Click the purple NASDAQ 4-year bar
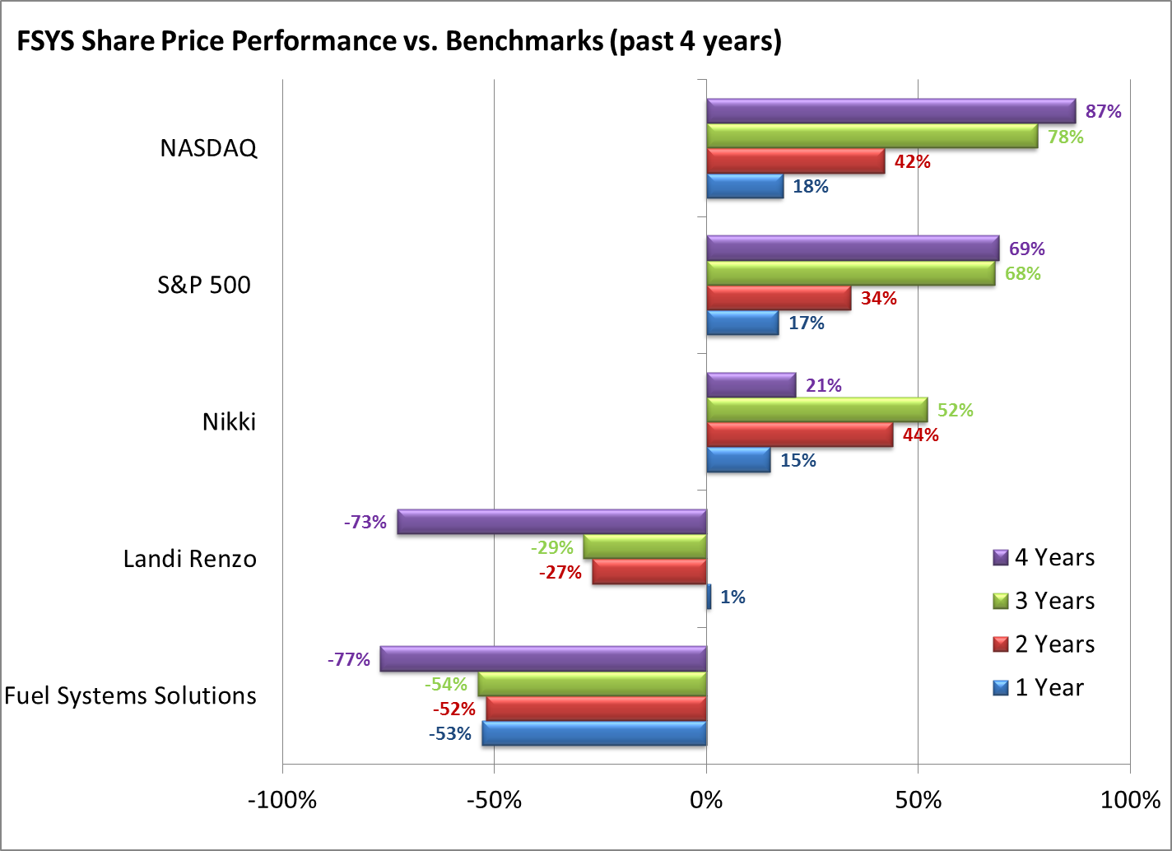tap(891, 111)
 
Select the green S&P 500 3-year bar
tap(850, 273)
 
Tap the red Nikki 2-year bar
tap(799, 435)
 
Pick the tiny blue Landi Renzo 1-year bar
tap(709, 597)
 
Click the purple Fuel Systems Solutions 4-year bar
tap(543, 659)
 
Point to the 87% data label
tap(1103, 111)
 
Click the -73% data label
tap(365, 522)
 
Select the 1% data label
tap(732, 597)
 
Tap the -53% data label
tap(449, 733)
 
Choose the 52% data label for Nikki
tap(955, 410)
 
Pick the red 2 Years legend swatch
tap(1001, 644)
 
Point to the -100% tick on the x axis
tap(282, 799)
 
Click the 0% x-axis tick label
tap(706, 799)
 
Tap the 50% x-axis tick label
tap(918, 799)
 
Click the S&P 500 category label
tap(204, 285)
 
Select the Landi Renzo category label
tap(190, 559)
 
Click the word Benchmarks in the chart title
tap(524, 40)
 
